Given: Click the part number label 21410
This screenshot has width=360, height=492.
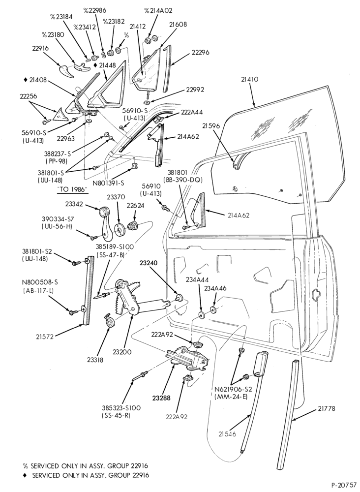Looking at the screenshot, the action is (x=250, y=80).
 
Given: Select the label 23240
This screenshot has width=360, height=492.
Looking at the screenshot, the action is (x=149, y=264).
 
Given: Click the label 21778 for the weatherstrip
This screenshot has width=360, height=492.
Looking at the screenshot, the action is (x=327, y=408).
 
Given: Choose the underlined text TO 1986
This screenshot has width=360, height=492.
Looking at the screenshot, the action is (x=72, y=190).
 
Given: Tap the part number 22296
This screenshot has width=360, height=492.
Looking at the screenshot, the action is (x=200, y=53).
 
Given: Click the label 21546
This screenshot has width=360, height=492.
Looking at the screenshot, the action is (x=227, y=434).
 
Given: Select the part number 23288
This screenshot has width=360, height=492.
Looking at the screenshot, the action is (x=161, y=398).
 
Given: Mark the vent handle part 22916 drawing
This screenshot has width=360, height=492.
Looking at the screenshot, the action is (x=67, y=70).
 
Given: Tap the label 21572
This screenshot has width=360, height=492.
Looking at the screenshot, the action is (x=45, y=337).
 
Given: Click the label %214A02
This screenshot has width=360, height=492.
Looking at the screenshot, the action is (x=158, y=11).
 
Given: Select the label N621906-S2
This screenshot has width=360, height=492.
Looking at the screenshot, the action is (x=233, y=389).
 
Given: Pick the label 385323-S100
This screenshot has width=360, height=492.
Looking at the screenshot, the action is (x=121, y=408).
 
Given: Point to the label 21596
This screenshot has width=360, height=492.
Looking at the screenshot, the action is (x=211, y=126).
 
